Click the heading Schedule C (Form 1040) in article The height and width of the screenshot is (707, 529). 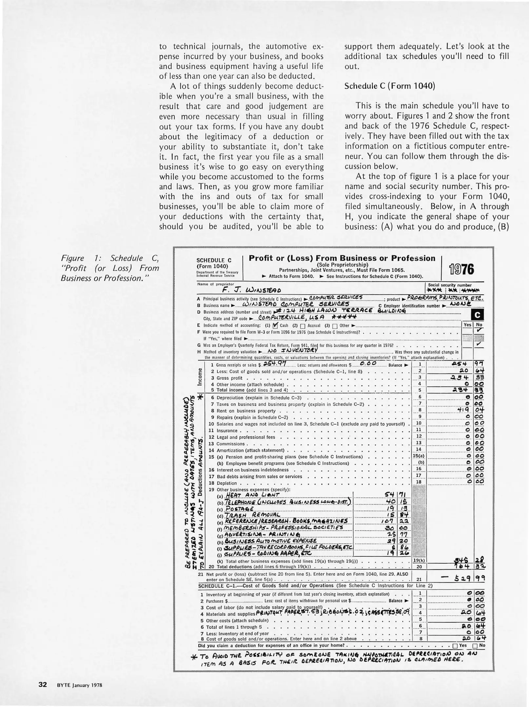(390, 86)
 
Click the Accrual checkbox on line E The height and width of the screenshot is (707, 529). (303, 326)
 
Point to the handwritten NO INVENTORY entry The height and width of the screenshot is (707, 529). (293, 351)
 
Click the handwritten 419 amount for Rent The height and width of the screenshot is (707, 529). (465, 410)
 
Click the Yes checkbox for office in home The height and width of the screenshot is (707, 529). (455, 646)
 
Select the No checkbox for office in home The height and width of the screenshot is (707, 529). (475, 646)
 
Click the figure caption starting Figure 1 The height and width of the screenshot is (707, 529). (110, 268)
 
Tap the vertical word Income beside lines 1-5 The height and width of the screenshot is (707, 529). (200, 377)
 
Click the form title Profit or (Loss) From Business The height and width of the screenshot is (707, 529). (342, 258)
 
